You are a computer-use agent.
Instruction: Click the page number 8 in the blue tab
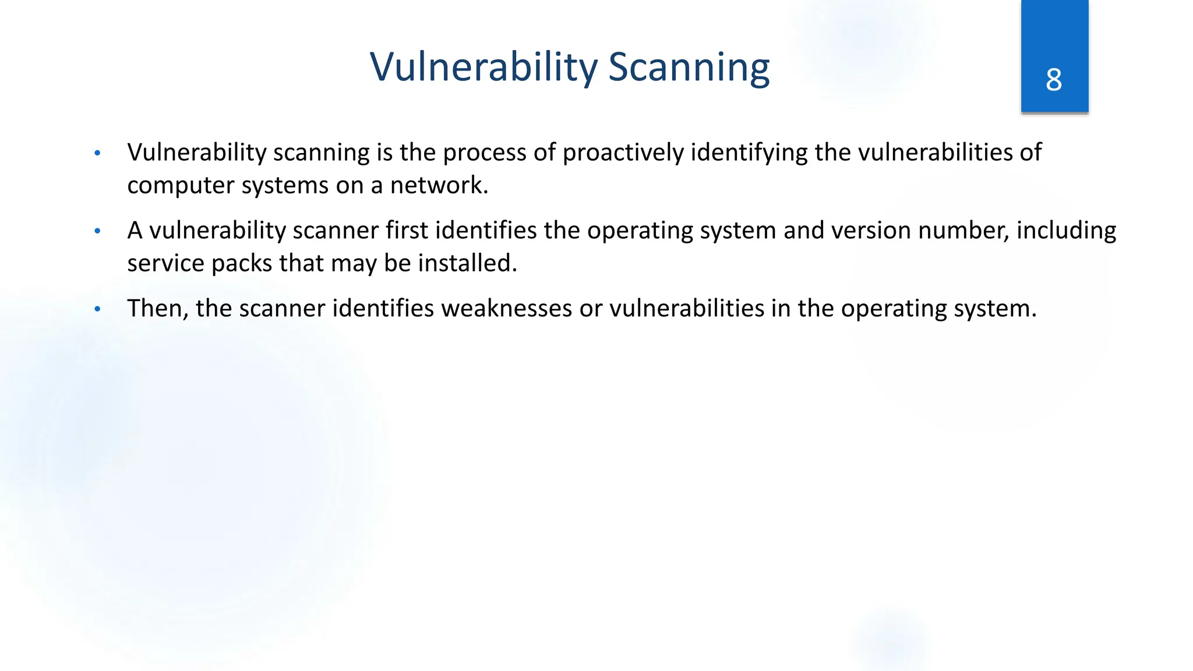tap(1054, 80)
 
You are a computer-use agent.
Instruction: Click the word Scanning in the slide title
tap(689, 67)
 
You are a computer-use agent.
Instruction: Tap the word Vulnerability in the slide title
tap(483, 67)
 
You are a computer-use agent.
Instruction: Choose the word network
tap(438, 186)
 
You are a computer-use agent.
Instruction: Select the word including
tap(1066, 231)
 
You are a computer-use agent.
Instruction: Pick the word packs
tap(241, 263)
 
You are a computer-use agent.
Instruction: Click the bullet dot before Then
tap(98, 309)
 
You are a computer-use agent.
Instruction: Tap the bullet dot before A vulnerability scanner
tap(98, 231)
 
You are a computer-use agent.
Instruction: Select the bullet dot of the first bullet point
tap(98, 153)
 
